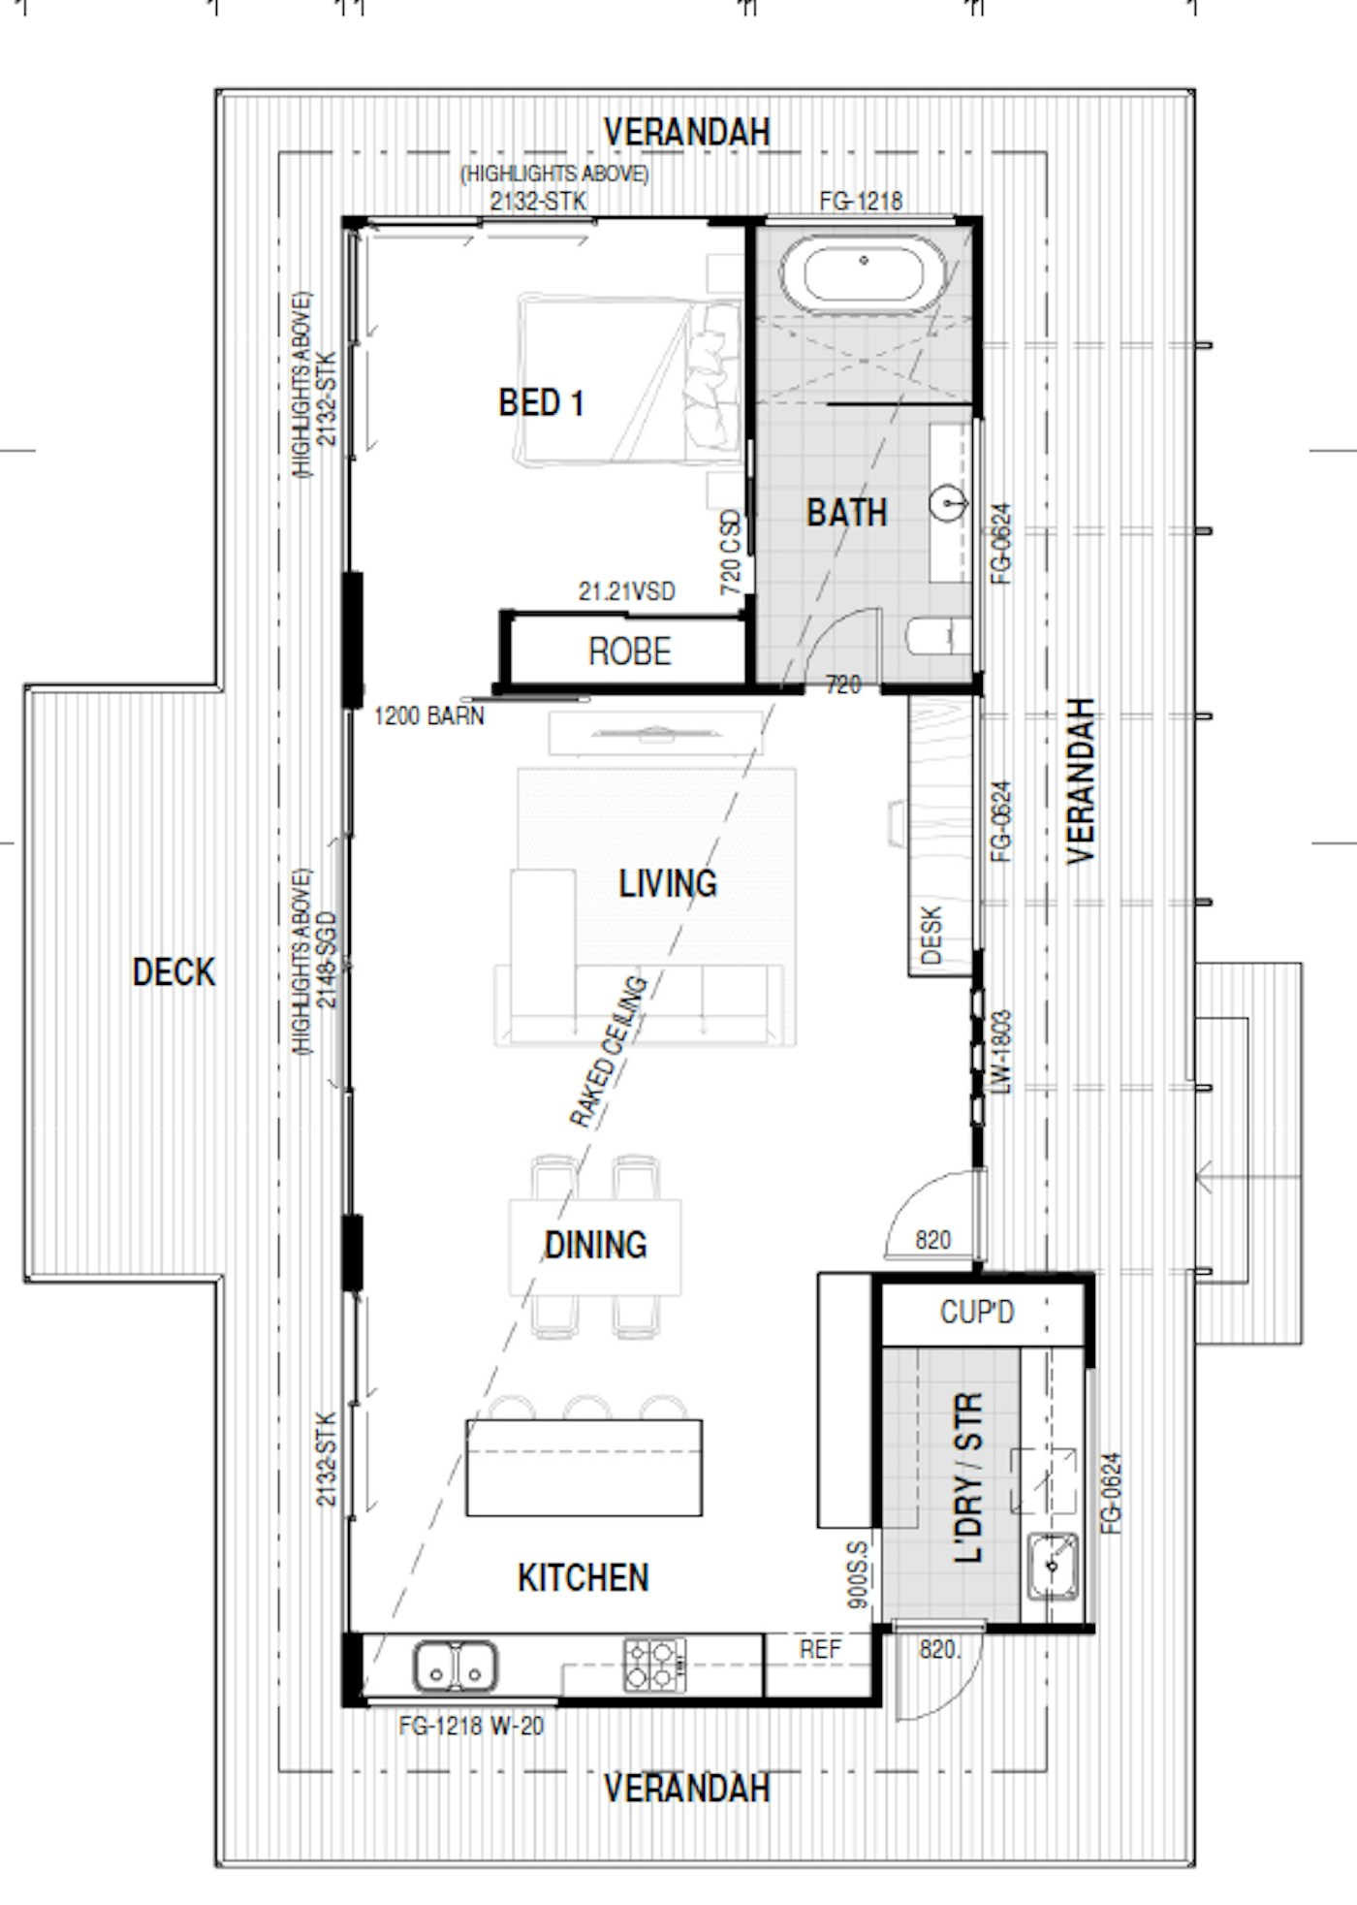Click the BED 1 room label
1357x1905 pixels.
pyautogui.click(x=541, y=402)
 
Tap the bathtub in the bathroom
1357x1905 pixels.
pyautogui.click(x=864, y=275)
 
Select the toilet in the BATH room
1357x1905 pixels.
pyautogui.click(x=938, y=637)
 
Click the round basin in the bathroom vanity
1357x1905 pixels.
pyautogui.click(x=948, y=503)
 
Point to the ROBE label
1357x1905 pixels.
pyautogui.click(x=629, y=651)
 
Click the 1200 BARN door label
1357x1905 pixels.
pyautogui.click(x=428, y=716)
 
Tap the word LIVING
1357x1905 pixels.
pyautogui.click(x=668, y=883)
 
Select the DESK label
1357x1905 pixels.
pyautogui.click(x=931, y=935)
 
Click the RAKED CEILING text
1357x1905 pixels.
pyautogui.click(x=608, y=1052)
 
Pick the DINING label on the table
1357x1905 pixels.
pyautogui.click(x=595, y=1245)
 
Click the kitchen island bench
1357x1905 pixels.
pyautogui.click(x=584, y=1468)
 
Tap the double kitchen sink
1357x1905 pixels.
pyautogui.click(x=456, y=1667)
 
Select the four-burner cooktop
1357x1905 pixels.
pyautogui.click(x=654, y=1666)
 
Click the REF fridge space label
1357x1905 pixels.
pyautogui.click(x=820, y=1649)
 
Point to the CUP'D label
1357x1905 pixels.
pyautogui.click(x=976, y=1312)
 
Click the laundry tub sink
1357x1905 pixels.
pyautogui.click(x=1053, y=1565)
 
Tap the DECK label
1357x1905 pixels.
pyautogui.click(x=174, y=972)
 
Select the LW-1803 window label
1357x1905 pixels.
pyautogui.click(x=1001, y=1052)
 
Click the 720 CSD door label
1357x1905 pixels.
pyautogui.click(x=731, y=553)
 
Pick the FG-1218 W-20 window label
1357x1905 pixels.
pyautogui.click(x=471, y=1726)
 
